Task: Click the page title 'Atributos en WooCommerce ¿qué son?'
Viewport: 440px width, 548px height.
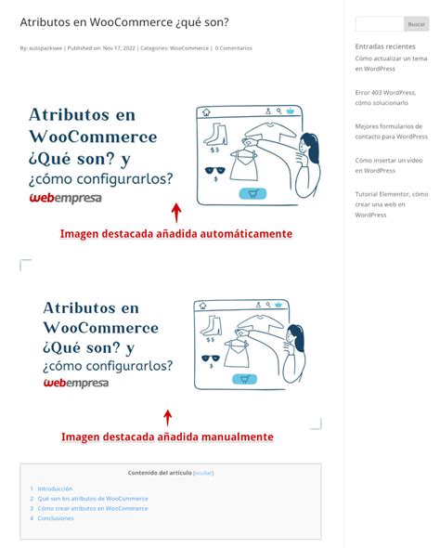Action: tap(123, 20)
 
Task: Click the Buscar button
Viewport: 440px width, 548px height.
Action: tap(417, 24)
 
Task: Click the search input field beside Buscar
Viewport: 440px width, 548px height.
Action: tap(379, 24)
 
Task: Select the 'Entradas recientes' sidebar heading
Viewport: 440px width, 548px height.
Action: tap(385, 46)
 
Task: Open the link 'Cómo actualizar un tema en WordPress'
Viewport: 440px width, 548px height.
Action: tap(391, 63)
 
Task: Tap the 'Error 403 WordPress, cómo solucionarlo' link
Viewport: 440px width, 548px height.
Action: tap(385, 98)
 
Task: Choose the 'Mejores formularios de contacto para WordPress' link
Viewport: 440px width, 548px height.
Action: tap(391, 131)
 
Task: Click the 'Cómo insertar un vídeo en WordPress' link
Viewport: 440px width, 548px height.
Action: tap(388, 165)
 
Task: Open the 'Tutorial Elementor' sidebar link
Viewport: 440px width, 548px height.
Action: tap(391, 204)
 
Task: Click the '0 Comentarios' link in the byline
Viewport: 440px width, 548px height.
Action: tap(234, 48)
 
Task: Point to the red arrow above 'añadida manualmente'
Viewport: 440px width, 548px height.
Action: tap(168, 417)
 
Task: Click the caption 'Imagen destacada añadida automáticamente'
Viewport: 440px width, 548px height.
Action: tap(176, 234)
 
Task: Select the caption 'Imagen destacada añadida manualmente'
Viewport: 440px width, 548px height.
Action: tap(167, 437)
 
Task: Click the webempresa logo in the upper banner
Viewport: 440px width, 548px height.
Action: tap(66, 198)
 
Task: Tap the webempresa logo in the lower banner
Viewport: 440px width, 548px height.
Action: tap(76, 383)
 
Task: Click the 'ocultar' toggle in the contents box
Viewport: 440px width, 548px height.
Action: tap(203, 473)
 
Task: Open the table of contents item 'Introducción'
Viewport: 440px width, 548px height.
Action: tap(55, 489)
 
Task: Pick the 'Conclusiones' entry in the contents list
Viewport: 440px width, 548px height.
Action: tap(56, 518)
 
